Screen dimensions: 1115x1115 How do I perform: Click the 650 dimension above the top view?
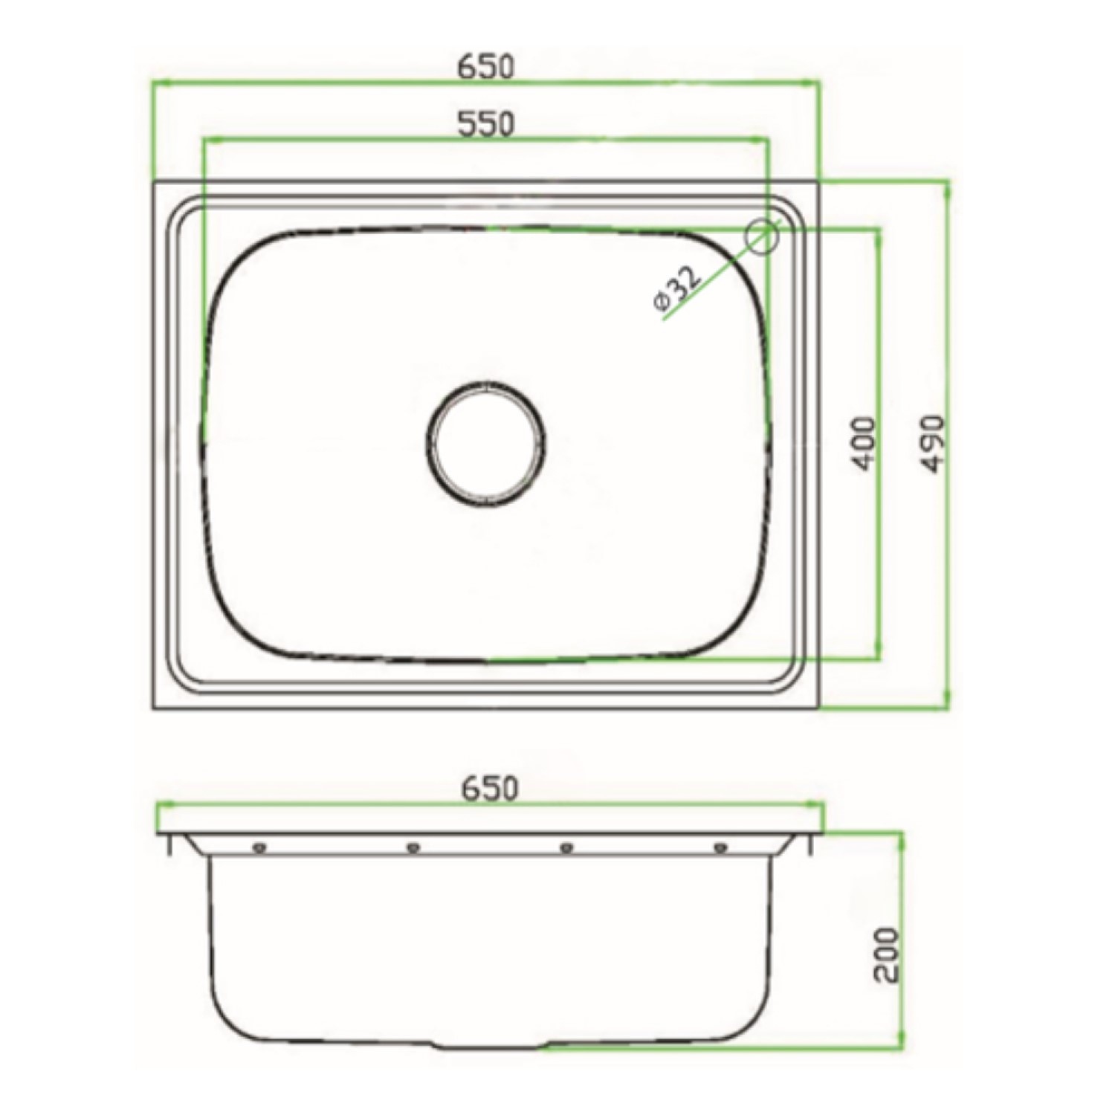tap(485, 67)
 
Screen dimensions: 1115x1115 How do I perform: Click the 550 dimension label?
tap(485, 124)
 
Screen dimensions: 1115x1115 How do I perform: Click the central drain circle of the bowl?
tap(486, 444)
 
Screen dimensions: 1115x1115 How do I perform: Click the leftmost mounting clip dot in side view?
tap(259, 847)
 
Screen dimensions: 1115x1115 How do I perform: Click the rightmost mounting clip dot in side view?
tap(719, 847)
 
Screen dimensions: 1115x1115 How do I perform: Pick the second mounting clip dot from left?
tap(413, 847)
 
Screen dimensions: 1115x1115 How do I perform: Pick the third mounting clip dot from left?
tap(566, 847)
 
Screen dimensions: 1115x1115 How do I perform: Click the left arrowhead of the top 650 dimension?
tap(158, 85)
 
